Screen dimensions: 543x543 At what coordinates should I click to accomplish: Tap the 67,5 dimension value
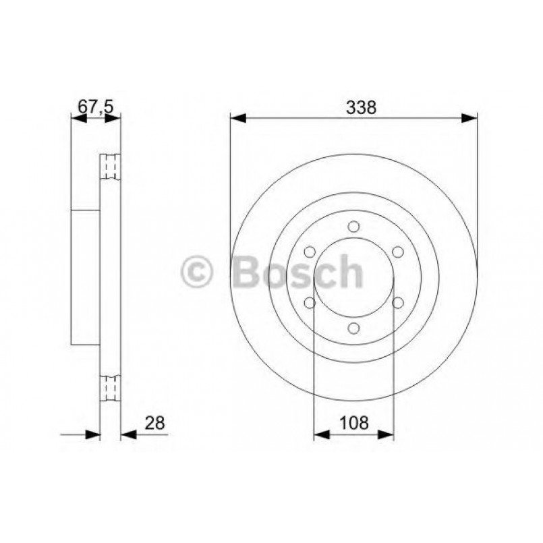95,107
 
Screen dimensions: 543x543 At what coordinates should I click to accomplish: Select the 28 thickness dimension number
154,423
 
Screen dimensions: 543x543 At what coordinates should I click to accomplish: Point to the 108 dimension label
354,423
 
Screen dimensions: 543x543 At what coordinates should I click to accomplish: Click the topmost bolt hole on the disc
354,227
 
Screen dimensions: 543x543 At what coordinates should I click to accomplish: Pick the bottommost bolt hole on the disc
354,328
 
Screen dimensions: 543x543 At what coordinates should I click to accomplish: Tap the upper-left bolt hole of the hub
310,252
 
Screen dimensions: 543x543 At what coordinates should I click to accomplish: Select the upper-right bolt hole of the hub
397,252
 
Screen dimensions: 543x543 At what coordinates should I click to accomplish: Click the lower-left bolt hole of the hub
310,303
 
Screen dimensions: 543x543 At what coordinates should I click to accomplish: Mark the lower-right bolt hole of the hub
397,303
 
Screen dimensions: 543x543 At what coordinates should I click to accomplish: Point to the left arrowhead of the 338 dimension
237,119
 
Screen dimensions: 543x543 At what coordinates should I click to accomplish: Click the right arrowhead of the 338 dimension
470,119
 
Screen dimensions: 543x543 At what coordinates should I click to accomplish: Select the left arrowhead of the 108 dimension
321,435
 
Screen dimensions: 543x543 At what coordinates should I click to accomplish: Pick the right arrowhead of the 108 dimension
387,435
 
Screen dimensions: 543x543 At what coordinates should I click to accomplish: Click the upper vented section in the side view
110,167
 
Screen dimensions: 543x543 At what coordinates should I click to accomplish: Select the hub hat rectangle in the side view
85,277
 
